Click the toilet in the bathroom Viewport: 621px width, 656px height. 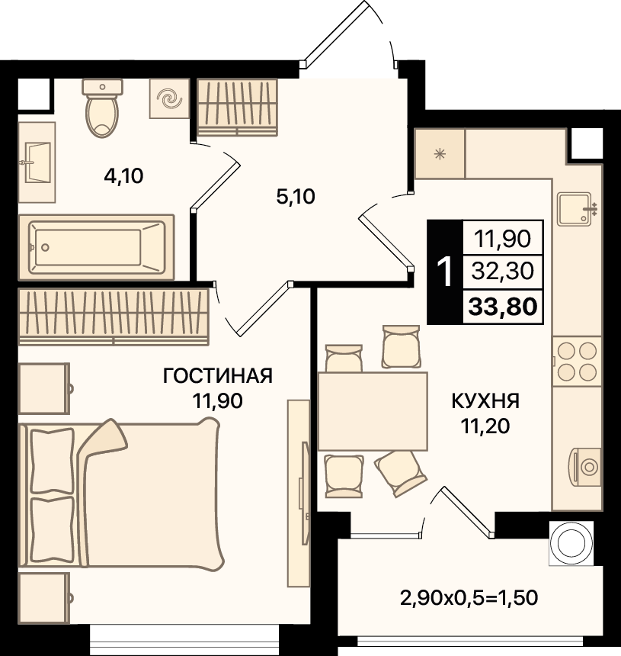pyautogui.click(x=102, y=108)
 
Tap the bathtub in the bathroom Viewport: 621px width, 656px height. pyautogui.click(x=97, y=248)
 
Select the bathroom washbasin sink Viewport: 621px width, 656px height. pyautogui.click(x=37, y=162)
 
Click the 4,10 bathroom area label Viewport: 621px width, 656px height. pyautogui.click(x=123, y=176)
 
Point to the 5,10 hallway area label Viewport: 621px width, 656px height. pyautogui.click(x=296, y=197)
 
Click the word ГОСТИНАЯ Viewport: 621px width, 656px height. pyautogui.click(x=218, y=376)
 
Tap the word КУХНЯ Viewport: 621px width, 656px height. pyautogui.click(x=485, y=401)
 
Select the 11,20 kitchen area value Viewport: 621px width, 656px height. pyautogui.click(x=485, y=426)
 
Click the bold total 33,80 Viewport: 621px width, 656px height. pyautogui.click(x=503, y=307)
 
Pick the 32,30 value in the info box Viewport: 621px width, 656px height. pyautogui.click(x=503, y=271)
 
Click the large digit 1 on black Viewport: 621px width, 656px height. pyautogui.click(x=445, y=272)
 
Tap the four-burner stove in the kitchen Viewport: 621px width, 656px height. pyautogui.click(x=577, y=362)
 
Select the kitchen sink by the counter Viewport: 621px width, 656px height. pyautogui.click(x=577, y=209)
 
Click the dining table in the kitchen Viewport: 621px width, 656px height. pyautogui.click(x=373, y=411)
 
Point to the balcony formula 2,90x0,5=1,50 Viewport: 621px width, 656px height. pyautogui.click(x=469, y=598)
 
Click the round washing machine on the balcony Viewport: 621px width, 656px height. pyautogui.click(x=571, y=543)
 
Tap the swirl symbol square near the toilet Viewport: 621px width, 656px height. pyautogui.click(x=170, y=98)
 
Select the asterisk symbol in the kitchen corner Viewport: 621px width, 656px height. pyautogui.click(x=440, y=154)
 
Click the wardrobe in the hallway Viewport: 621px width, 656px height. pyautogui.click(x=238, y=107)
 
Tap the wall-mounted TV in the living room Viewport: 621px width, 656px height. pyautogui.click(x=305, y=494)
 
